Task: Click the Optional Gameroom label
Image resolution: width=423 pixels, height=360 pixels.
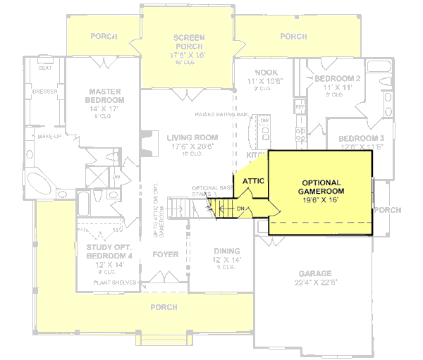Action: point(321,187)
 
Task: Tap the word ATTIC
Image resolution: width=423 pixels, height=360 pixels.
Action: point(253,181)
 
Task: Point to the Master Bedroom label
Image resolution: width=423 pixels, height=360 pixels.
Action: point(105,96)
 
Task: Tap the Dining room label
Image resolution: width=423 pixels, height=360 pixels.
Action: point(227,251)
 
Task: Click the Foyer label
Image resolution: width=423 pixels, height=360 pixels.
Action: point(166,254)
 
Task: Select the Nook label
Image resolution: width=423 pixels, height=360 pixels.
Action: point(266,73)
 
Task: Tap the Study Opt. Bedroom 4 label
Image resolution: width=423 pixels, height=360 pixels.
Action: point(109,252)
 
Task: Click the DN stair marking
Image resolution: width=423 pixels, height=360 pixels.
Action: point(240,209)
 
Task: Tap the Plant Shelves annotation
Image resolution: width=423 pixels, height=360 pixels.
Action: point(115,283)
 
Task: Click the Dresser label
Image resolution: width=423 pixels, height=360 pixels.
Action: point(45,91)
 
